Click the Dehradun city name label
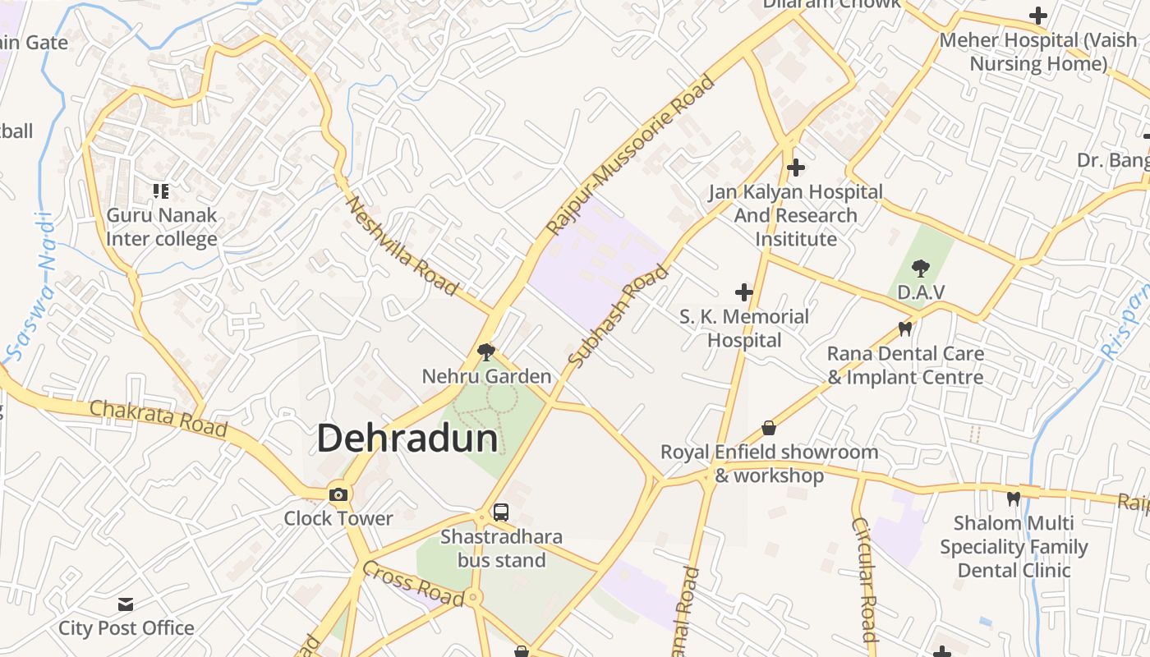[x=407, y=438]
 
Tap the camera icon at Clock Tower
[x=338, y=494]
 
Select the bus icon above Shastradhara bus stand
[x=500, y=512]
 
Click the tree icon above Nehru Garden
[x=486, y=352]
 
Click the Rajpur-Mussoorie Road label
[x=631, y=154]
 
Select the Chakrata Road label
[x=158, y=417]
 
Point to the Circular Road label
[x=863, y=578]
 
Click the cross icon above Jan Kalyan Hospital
[x=795, y=168]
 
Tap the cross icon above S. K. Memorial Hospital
[x=744, y=292]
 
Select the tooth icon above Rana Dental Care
[x=905, y=329]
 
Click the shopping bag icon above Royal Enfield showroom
[x=769, y=428]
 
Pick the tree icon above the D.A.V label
[x=921, y=268]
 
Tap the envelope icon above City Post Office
[x=126, y=604]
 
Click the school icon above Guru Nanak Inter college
[x=161, y=191]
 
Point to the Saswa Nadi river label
[x=31, y=287]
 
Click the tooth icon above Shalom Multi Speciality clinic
[x=1014, y=498]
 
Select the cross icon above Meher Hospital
[x=1038, y=16]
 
